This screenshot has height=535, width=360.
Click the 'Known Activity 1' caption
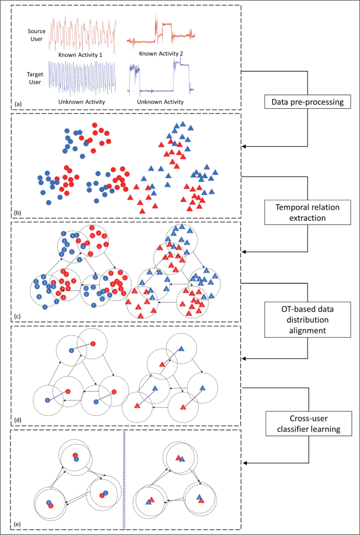click(x=81, y=54)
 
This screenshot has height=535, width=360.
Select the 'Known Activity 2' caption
click(x=161, y=53)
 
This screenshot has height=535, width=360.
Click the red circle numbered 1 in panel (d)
click(x=93, y=344)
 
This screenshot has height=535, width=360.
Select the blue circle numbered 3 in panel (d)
click(x=47, y=400)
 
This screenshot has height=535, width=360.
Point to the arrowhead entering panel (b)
click(x=244, y=147)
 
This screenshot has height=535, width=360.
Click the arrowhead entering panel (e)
click(x=244, y=463)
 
